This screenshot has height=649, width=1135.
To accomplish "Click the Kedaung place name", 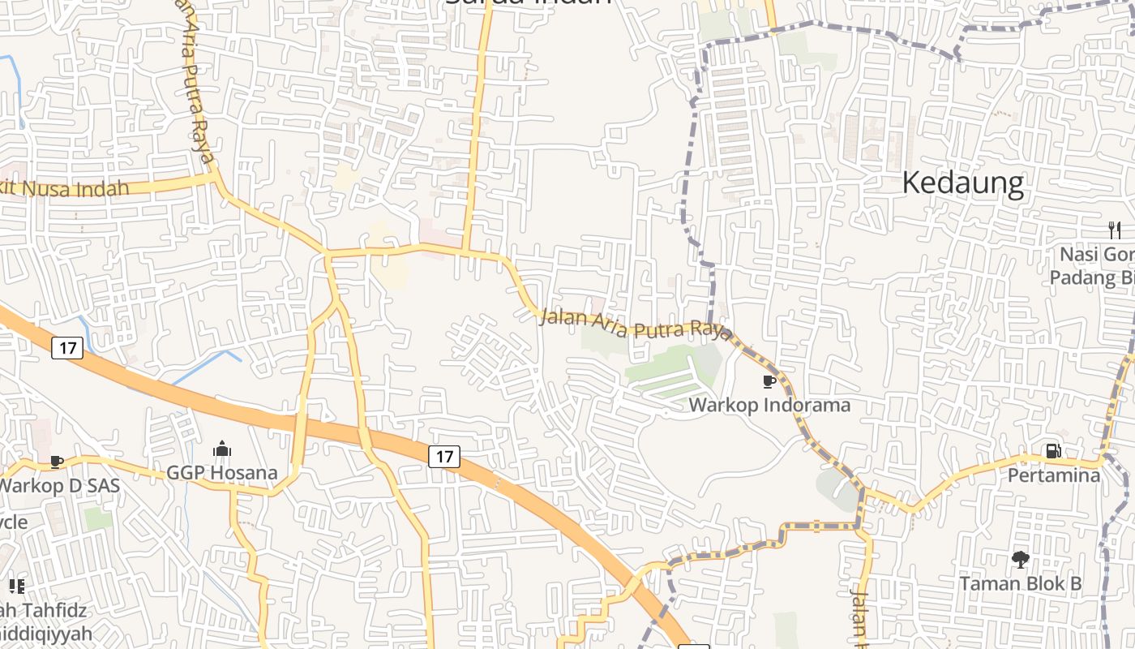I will click(x=962, y=183).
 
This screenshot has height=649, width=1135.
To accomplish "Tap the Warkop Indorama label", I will click(x=769, y=404).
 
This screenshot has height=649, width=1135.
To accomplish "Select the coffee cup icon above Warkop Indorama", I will click(x=769, y=381).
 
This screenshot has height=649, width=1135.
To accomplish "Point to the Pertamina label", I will click(x=1053, y=475).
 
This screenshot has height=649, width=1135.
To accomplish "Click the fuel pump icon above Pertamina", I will click(x=1053, y=451).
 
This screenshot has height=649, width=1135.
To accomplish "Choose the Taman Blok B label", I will click(x=1020, y=582).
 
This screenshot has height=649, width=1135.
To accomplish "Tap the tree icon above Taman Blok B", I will click(x=1020, y=559).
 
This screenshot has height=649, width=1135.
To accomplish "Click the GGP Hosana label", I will click(x=222, y=472).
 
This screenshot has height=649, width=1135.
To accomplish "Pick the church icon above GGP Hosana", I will click(x=222, y=449).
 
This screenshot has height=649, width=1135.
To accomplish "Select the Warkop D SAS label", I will click(x=58, y=486).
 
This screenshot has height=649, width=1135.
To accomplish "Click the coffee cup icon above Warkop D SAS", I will click(x=56, y=462).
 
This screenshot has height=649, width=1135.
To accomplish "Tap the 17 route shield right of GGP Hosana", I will click(x=444, y=456).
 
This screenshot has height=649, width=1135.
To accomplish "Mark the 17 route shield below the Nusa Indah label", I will click(x=67, y=348).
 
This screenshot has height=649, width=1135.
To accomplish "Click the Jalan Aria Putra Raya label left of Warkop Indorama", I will click(x=636, y=324).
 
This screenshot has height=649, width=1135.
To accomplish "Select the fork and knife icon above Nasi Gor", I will click(x=1116, y=230).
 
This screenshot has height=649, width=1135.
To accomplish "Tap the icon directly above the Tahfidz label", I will click(x=16, y=586).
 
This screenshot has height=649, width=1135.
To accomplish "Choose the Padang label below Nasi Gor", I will click(x=1091, y=277).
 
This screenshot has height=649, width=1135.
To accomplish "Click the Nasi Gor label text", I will click(x=1096, y=254).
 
